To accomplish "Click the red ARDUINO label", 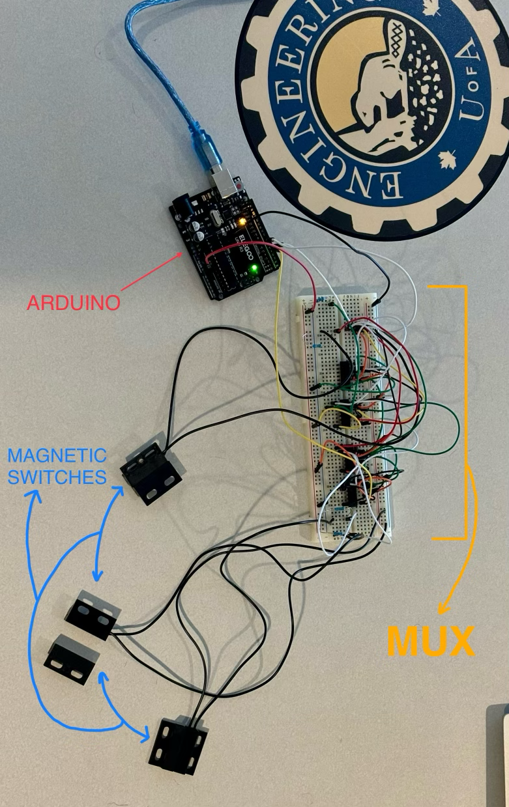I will pyautogui.click(x=74, y=303).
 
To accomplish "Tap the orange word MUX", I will pyautogui.click(x=431, y=642).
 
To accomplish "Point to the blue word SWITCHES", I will pyautogui.click(x=57, y=477).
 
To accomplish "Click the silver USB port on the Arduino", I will pyautogui.click(x=224, y=183).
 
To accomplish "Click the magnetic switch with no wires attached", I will pyautogui.click(x=72, y=659).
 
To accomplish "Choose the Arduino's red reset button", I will pyautogui.click(x=242, y=187).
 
